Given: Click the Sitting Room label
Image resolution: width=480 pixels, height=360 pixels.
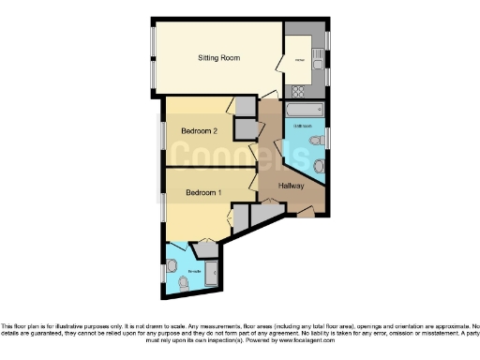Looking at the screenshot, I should (218, 58).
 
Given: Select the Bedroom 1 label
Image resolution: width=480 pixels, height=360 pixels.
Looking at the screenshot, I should (203, 193).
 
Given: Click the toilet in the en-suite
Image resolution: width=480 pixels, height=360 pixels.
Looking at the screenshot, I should (182, 279).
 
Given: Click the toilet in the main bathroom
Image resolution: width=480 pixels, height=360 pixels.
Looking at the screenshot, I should (320, 167).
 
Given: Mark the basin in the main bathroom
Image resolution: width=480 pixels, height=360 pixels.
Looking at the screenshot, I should (318, 141).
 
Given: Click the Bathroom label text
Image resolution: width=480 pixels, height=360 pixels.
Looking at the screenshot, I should (302, 126).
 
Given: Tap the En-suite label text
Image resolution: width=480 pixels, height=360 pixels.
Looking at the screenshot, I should (193, 271).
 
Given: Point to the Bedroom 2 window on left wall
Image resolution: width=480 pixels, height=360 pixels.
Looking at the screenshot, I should (160, 132).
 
